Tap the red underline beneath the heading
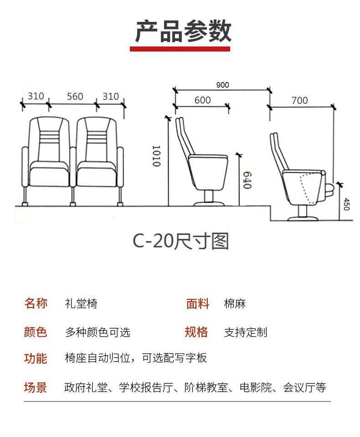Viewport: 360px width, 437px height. point(180,49)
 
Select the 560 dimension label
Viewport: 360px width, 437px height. point(75,97)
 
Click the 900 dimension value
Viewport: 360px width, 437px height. point(223,85)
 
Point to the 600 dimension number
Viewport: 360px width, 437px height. point(202,100)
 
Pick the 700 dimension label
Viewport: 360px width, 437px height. point(299,100)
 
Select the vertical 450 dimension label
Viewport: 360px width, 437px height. point(346,203)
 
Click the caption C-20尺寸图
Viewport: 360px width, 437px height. point(180,241)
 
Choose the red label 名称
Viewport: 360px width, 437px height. point(36,303)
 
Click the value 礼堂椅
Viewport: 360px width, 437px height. point(81,304)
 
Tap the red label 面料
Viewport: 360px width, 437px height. point(197,304)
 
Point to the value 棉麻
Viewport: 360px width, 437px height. point(235,304)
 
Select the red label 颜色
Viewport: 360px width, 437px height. point(36,332)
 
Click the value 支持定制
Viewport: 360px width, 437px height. point(246,332)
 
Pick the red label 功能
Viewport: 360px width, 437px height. point(36,359)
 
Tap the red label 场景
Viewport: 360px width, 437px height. point(36,388)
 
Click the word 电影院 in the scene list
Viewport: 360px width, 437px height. point(256,388)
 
